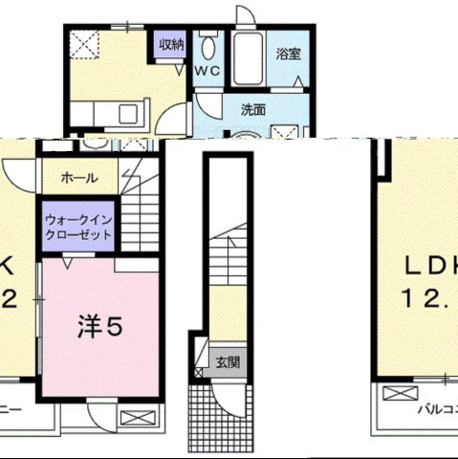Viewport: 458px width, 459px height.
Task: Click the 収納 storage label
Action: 171,44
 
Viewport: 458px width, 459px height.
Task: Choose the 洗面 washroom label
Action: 252,109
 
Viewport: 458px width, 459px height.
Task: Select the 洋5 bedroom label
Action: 99,327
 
